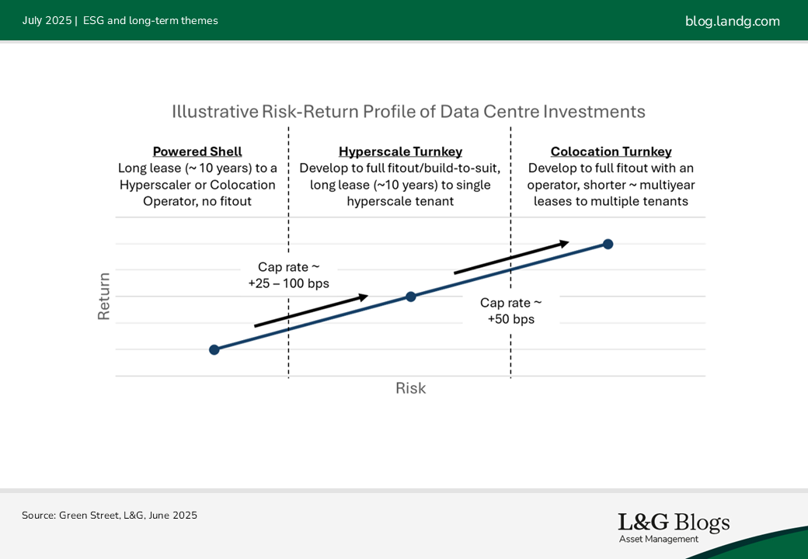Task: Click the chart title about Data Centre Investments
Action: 409,112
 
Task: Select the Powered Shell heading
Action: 197,152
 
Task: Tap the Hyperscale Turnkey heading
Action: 400,152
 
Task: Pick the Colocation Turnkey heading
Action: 611,152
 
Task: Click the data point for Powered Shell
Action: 214,349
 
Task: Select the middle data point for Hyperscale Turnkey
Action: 411,297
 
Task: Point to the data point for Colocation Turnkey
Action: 608,244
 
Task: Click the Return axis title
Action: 104,296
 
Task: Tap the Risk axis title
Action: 410,388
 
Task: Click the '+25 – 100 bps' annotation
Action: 288,284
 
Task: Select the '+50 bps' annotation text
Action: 510,319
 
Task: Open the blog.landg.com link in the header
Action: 732,21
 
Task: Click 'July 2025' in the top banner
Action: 47,21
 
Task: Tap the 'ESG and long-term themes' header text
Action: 150,21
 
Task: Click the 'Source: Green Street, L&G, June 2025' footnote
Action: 110,516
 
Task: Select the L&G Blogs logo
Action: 674,523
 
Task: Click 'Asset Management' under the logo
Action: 658,539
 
